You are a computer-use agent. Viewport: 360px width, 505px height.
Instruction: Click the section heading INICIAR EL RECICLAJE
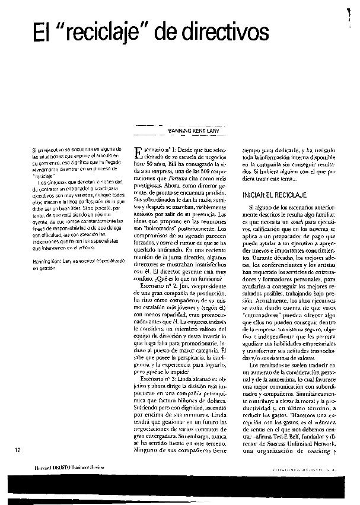[x=273, y=195]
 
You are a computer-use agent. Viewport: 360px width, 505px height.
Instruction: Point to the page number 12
[x=19, y=450]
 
